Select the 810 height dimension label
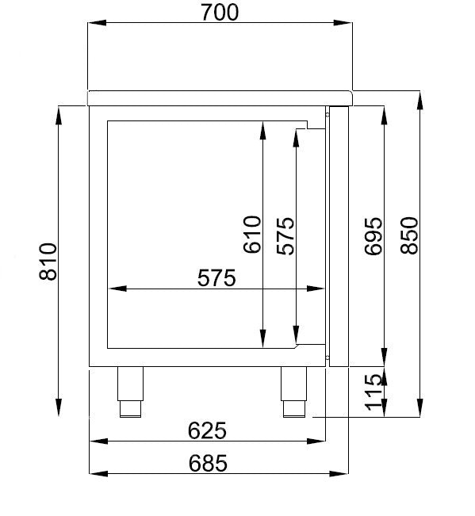(x=47, y=261)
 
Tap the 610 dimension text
(x=251, y=235)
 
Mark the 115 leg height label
(x=373, y=393)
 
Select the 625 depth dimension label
(x=208, y=430)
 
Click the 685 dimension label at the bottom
(x=208, y=462)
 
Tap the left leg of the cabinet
(x=129, y=391)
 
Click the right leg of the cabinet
(x=293, y=391)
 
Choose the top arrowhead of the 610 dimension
(x=262, y=127)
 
